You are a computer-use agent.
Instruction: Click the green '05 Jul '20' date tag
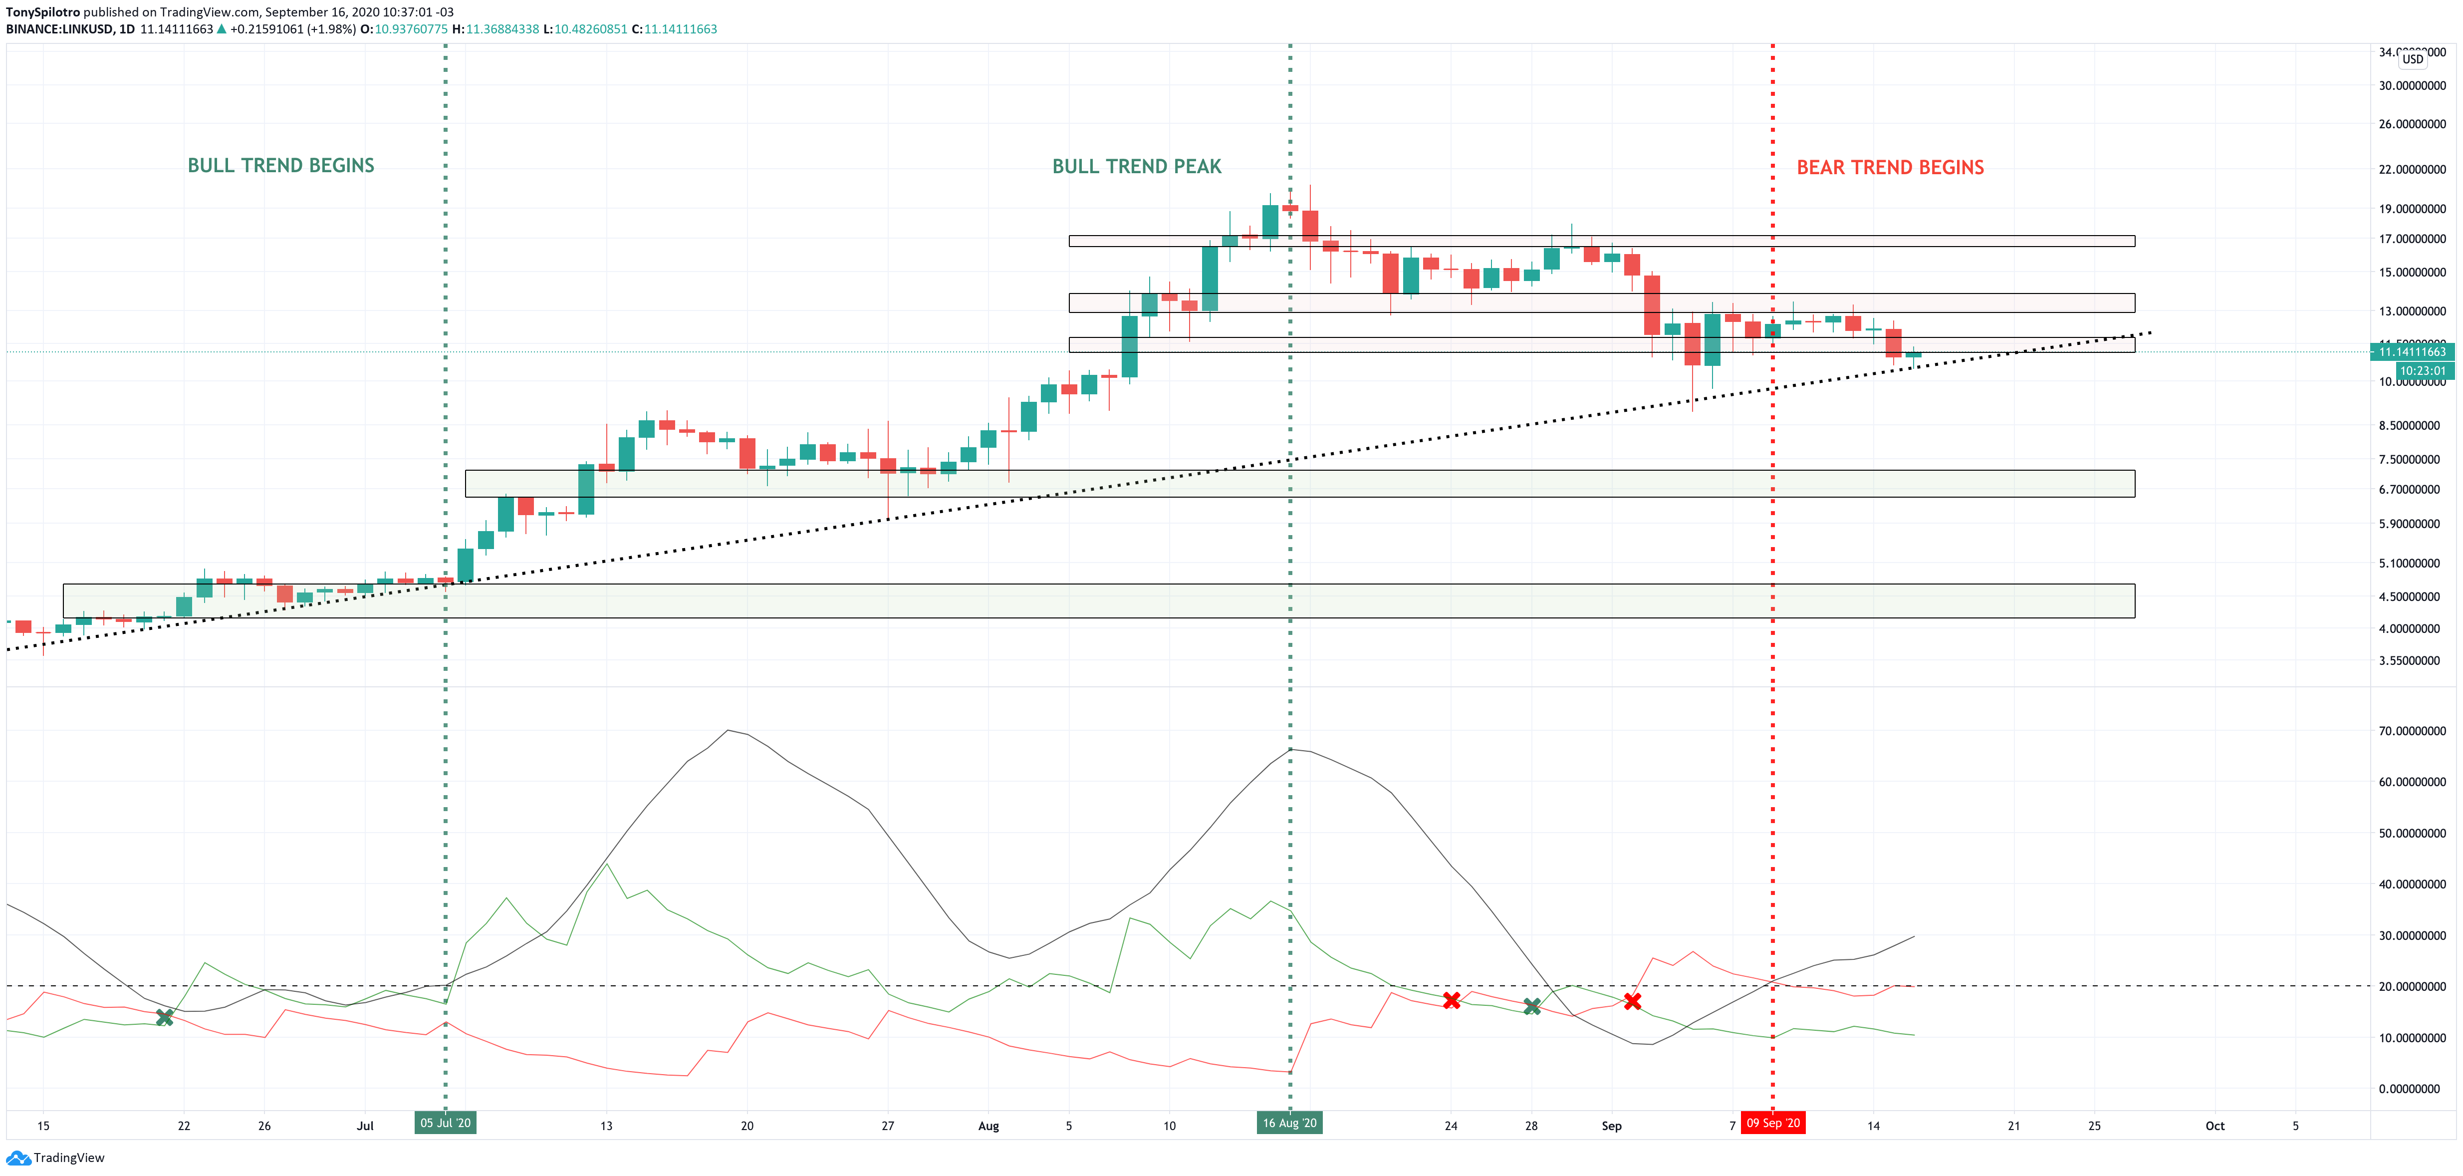point(446,1123)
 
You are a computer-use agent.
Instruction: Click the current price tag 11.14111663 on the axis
point(2412,352)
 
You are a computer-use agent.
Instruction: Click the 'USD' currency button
point(2412,59)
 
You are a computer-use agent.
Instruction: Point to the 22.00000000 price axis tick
point(2412,169)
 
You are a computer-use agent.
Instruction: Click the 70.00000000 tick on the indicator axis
point(2412,730)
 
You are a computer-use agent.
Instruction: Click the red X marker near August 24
point(1452,1000)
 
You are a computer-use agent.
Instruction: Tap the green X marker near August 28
point(1532,1006)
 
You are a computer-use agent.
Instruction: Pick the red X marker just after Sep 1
point(1632,1001)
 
